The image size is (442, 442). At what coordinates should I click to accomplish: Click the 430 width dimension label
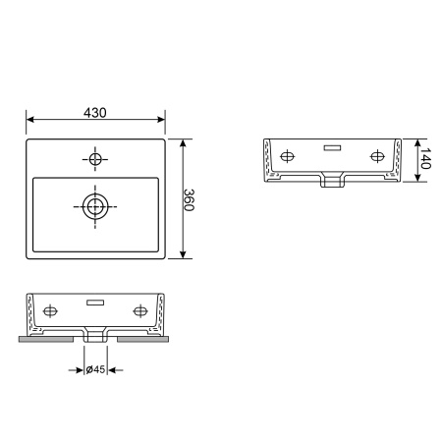95,113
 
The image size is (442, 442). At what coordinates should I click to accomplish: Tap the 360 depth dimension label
189,199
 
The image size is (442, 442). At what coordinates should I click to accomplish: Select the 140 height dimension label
424,158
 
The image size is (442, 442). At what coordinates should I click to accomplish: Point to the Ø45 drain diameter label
95,369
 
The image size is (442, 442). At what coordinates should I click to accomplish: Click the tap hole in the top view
95,159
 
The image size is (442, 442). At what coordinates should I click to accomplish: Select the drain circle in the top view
95,206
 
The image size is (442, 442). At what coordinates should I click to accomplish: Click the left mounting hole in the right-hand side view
287,156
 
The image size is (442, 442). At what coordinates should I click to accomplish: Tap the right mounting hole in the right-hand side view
377,156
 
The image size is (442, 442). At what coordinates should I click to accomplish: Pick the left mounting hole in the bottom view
50,311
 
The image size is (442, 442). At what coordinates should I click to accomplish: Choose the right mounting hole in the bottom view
140,311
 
